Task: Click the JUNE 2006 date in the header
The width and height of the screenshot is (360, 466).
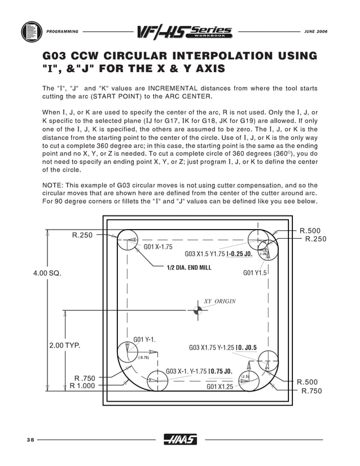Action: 315,31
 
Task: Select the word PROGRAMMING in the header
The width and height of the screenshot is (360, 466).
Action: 62,31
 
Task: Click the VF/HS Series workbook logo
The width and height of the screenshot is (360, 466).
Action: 184,32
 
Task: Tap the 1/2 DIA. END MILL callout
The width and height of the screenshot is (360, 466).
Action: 189,267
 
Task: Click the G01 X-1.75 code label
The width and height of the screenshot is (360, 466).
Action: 158,247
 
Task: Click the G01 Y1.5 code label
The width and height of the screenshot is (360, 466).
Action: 254,273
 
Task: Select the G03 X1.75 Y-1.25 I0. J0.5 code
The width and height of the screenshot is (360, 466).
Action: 222,348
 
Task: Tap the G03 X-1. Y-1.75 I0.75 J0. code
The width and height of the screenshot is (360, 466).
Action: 199,372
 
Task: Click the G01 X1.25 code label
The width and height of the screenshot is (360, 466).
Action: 219,386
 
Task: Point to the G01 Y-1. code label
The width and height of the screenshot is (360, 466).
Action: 144,340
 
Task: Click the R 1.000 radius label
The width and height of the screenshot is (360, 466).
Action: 82,386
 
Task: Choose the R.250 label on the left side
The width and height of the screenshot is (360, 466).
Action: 82,235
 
